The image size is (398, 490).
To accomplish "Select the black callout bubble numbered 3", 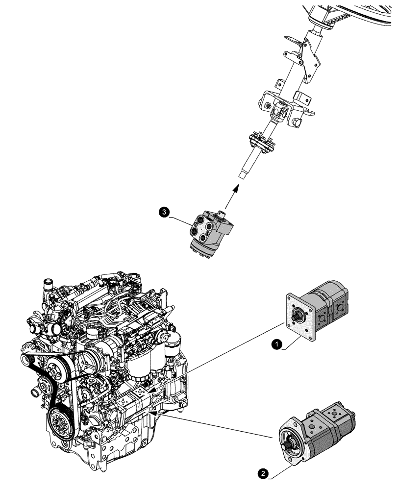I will (165, 212).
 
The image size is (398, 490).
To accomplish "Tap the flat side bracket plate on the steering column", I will (310, 56).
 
